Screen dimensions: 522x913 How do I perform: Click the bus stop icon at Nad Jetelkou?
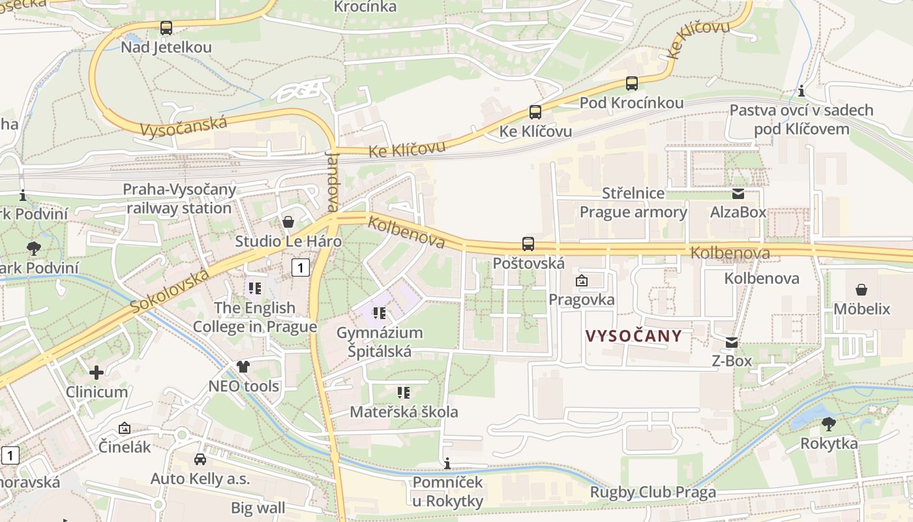point(166,28)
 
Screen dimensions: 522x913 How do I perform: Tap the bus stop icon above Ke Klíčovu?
point(535,112)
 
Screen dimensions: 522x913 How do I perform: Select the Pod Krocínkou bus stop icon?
point(631,84)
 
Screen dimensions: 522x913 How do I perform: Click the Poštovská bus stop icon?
point(528,244)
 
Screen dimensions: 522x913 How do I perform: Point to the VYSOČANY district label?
point(633,337)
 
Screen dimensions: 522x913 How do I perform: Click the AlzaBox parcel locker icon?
point(738,193)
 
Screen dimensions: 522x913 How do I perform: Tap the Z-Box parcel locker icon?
point(732,343)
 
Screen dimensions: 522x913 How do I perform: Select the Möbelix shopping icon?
point(861,290)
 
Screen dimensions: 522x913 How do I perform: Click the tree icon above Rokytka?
point(829,424)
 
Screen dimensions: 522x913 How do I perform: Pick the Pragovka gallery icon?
point(581,281)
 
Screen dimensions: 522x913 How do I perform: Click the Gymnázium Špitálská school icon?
point(380,313)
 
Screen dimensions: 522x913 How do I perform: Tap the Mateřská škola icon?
point(404,393)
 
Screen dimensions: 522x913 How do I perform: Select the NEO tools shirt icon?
point(243,367)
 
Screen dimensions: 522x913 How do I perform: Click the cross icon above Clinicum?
point(97,373)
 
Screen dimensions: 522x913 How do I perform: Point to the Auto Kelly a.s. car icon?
point(200,459)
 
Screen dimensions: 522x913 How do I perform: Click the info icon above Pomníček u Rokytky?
point(447,464)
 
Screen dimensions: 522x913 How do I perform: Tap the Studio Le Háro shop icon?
point(288,223)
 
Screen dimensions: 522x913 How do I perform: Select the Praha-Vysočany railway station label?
point(179,199)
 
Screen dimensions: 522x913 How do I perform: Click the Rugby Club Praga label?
point(653,492)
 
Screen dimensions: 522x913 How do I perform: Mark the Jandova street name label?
point(333,181)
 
